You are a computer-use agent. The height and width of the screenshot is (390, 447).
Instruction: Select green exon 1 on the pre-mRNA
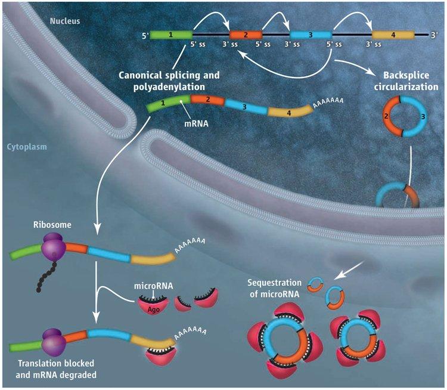[170, 35]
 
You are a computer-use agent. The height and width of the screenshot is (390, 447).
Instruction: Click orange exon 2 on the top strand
[246, 35]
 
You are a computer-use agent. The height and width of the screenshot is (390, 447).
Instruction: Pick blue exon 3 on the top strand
[311, 35]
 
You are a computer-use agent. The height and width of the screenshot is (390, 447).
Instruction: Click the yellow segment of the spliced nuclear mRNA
[288, 112]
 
